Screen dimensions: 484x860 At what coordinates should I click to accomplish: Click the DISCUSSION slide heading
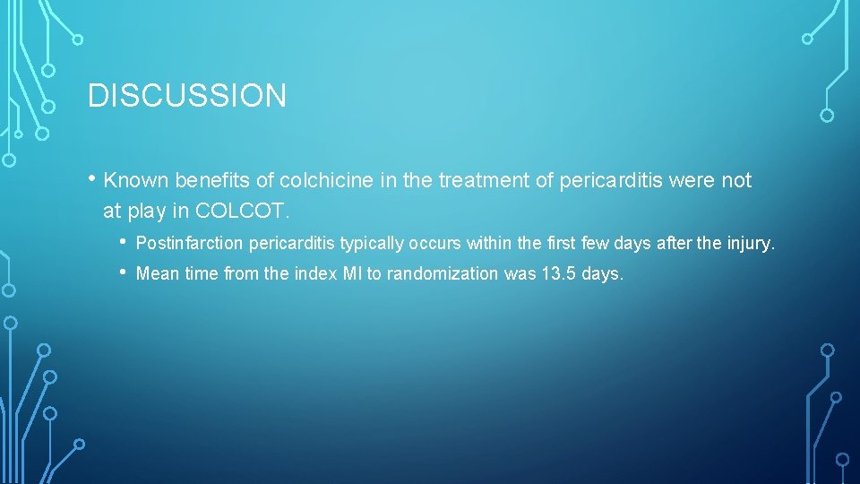[x=187, y=95]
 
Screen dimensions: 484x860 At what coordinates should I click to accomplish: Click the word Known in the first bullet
[x=136, y=181]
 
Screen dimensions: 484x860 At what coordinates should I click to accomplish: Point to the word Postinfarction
[x=190, y=244]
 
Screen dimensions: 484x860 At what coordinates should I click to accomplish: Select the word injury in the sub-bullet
[x=751, y=244]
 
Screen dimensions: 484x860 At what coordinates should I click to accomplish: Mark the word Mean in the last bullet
[x=157, y=274]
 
